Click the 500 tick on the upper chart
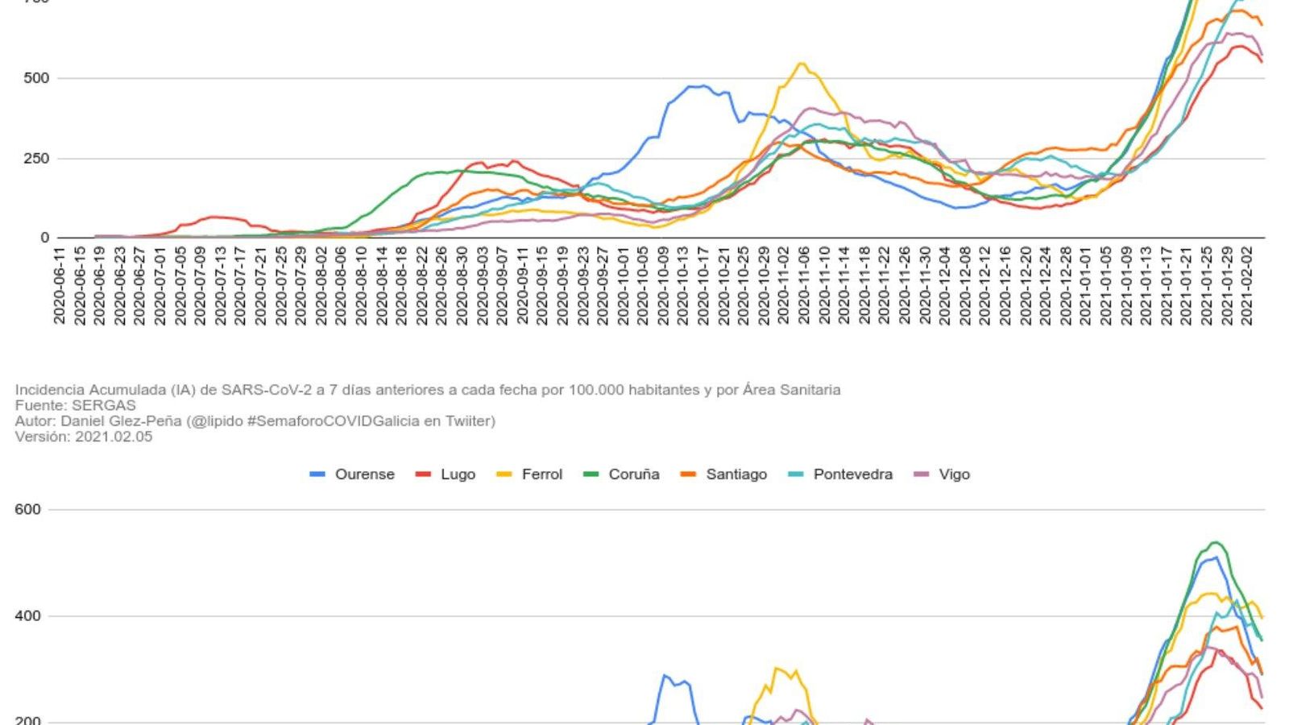point(36,78)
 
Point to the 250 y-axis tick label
point(36,159)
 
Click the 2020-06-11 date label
point(60,286)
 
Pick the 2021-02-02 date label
point(1247,286)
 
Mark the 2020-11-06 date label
point(804,286)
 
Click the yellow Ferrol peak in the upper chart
point(801,64)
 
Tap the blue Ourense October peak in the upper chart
point(703,85)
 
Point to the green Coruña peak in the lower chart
point(1215,543)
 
